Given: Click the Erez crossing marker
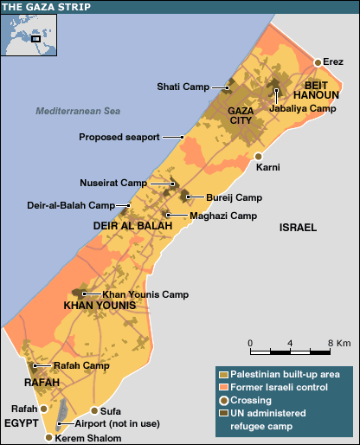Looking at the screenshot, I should tap(318, 62).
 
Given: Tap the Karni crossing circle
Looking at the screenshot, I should tap(259, 156).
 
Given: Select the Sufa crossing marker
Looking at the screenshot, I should tap(94, 410).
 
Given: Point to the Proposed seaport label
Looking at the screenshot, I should tap(131, 137).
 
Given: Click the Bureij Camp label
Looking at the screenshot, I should tap(234, 197).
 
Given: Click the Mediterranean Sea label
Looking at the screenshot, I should tap(78, 112).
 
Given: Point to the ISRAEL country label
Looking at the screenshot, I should tap(298, 227).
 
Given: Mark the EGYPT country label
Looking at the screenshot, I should tap(22, 423).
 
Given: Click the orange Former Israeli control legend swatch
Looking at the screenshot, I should tap(222, 387).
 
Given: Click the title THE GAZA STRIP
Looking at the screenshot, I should tap(40, 6).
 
